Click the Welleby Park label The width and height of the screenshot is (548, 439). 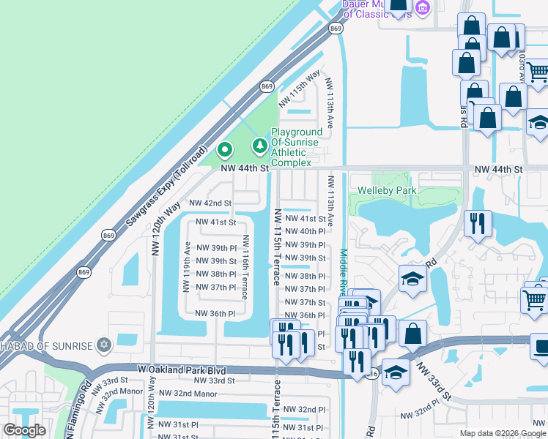387,191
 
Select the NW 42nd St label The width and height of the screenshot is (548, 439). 210,203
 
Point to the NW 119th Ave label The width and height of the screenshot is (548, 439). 188,267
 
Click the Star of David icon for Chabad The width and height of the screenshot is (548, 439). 103,345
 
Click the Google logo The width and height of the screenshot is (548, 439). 24,430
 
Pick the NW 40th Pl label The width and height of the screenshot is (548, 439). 304,231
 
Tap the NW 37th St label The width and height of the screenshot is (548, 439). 304,302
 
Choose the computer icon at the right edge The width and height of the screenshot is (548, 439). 541,346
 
